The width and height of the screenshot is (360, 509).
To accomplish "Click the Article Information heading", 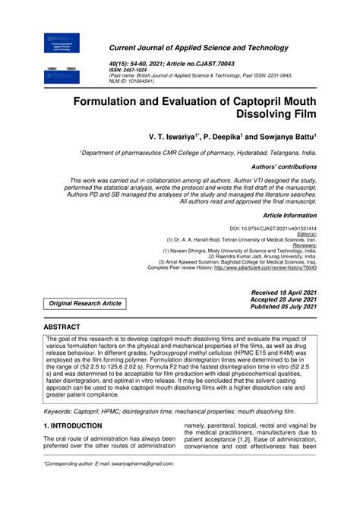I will [x=289, y=216].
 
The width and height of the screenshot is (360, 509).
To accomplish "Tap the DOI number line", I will [x=273, y=229].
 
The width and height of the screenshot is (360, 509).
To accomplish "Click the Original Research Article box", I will [x=85, y=303].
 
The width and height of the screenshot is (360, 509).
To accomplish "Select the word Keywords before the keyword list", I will [x=62, y=411].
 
